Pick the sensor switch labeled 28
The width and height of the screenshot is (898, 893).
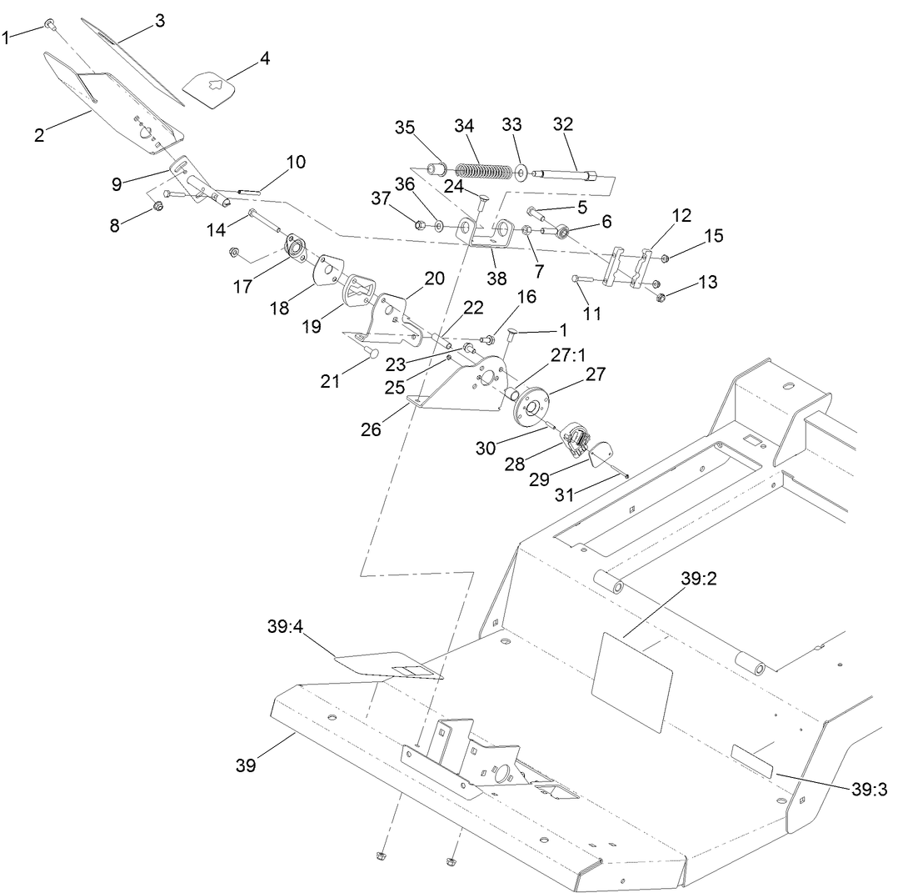click(x=576, y=438)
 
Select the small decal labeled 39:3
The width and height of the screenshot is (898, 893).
click(x=752, y=762)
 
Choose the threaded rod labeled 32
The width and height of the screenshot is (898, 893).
click(x=564, y=176)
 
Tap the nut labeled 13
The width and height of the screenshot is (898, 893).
click(x=661, y=297)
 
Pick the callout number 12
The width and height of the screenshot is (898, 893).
click(x=681, y=215)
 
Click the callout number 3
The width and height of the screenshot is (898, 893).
click(x=158, y=21)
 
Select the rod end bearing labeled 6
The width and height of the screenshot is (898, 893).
click(x=563, y=230)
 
